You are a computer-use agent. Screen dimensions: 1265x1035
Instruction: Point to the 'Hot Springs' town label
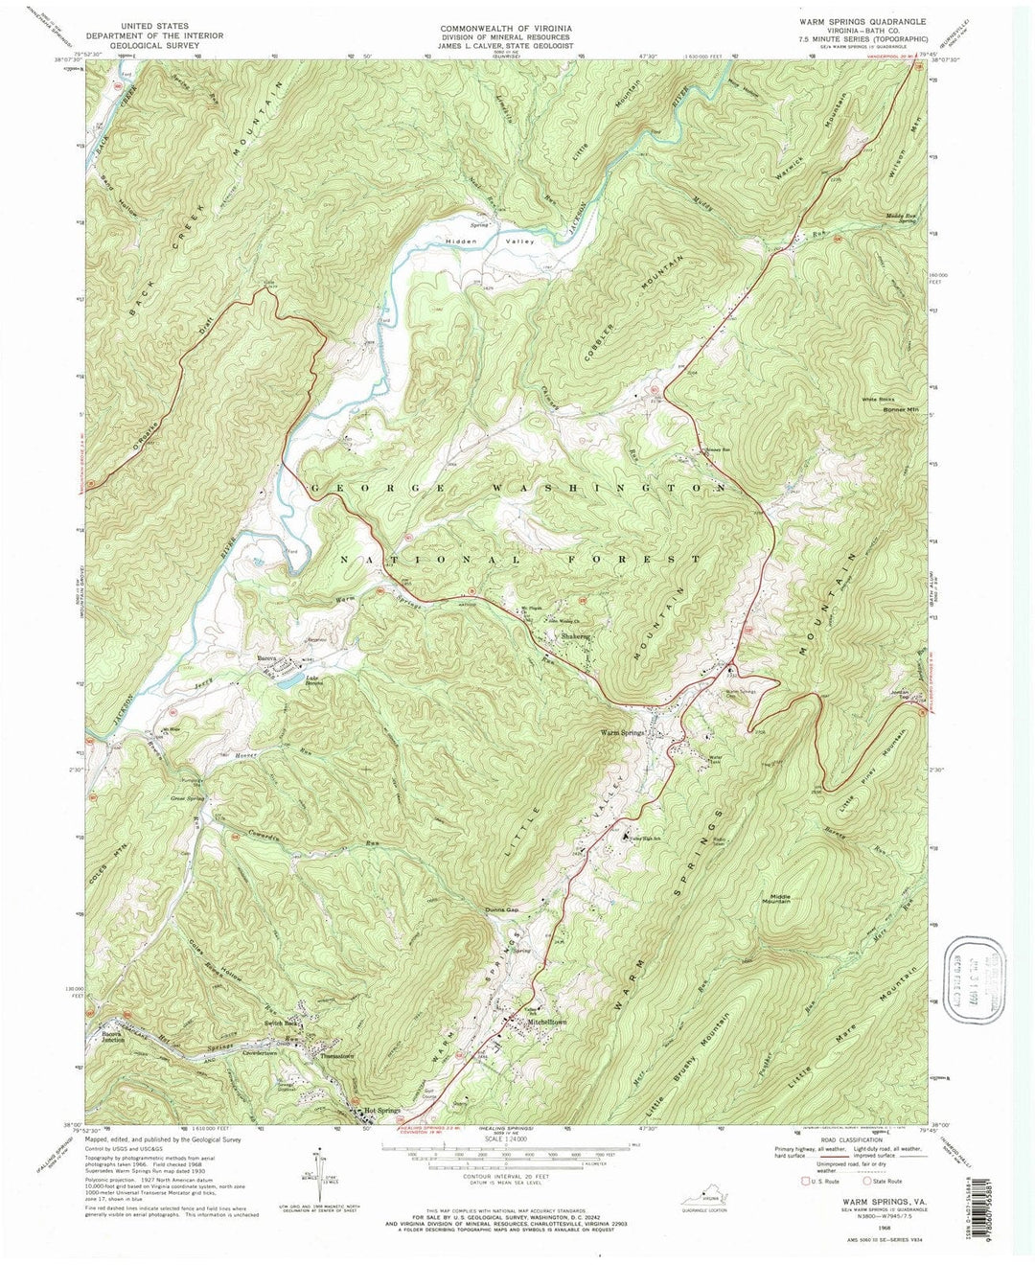coord(381,1112)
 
